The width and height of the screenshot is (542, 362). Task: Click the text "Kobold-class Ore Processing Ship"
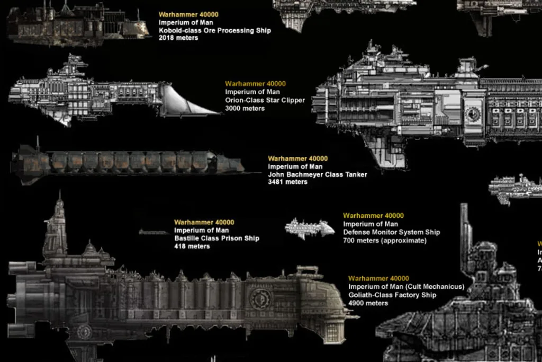(x=214, y=30)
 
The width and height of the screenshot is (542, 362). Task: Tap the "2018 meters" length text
(x=178, y=38)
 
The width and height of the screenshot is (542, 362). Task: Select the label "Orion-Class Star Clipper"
(x=265, y=100)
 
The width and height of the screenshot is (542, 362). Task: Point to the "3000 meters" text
(x=245, y=109)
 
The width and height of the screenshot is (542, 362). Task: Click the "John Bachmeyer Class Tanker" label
(x=317, y=174)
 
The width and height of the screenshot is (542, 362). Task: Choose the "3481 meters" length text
(x=287, y=182)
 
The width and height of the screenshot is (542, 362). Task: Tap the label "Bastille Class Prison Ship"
(x=216, y=239)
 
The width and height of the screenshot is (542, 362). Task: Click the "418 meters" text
(x=192, y=246)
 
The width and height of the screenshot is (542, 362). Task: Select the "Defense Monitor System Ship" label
(x=391, y=232)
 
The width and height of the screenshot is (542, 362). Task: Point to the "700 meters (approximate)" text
(x=384, y=241)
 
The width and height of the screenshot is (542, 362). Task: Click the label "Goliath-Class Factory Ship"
(x=392, y=295)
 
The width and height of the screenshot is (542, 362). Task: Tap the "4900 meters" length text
(x=368, y=303)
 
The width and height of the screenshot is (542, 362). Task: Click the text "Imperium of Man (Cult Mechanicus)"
(x=406, y=287)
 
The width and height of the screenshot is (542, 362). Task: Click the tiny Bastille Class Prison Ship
(x=154, y=232)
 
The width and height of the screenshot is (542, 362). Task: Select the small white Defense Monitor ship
(x=310, y=228)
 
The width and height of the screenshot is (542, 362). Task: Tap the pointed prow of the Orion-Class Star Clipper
(x=214, y=112)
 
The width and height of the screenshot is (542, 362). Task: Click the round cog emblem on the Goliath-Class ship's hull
(x=260, y=298)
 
